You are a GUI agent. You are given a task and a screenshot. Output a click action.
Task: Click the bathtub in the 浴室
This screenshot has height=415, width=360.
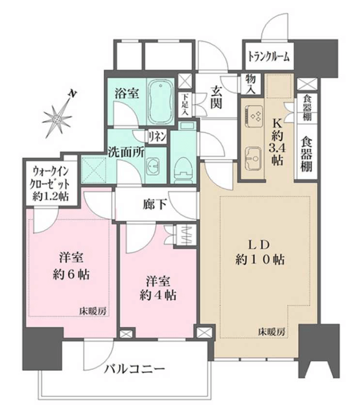(160, 101)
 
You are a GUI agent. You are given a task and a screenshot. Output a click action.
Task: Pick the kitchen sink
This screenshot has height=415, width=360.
(254, 158)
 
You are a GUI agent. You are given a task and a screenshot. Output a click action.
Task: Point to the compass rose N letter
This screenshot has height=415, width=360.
(72, 93)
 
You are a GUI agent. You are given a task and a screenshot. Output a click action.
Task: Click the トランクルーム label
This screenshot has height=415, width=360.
(268, 57)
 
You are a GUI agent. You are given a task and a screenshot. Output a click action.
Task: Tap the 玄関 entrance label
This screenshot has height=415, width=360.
(216, 97)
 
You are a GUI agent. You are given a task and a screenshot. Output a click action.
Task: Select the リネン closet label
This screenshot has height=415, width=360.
(157, 137)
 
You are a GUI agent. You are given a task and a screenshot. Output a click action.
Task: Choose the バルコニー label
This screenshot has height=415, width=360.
(134, 369)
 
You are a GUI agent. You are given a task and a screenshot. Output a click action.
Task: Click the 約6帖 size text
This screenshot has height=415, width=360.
(71, 275)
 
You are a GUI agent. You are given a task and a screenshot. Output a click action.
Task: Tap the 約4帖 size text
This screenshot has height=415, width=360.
(158, 295)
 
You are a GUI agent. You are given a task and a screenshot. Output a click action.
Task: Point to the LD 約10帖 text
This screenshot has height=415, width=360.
(260, 252)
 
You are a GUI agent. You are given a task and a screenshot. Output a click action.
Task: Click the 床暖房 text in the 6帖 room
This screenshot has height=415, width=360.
(93, 311)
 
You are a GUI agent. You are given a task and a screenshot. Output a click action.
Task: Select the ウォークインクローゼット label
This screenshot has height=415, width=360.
(50, 184)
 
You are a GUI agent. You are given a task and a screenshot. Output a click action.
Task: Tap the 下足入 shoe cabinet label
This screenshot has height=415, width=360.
(185, 105)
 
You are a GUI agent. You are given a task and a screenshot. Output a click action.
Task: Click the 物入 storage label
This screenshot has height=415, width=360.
(250, 84)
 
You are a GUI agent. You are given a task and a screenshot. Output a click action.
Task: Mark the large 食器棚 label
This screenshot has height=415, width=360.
(307, 153)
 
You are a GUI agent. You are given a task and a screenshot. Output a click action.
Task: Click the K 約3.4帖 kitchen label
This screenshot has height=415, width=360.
(277, 142)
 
